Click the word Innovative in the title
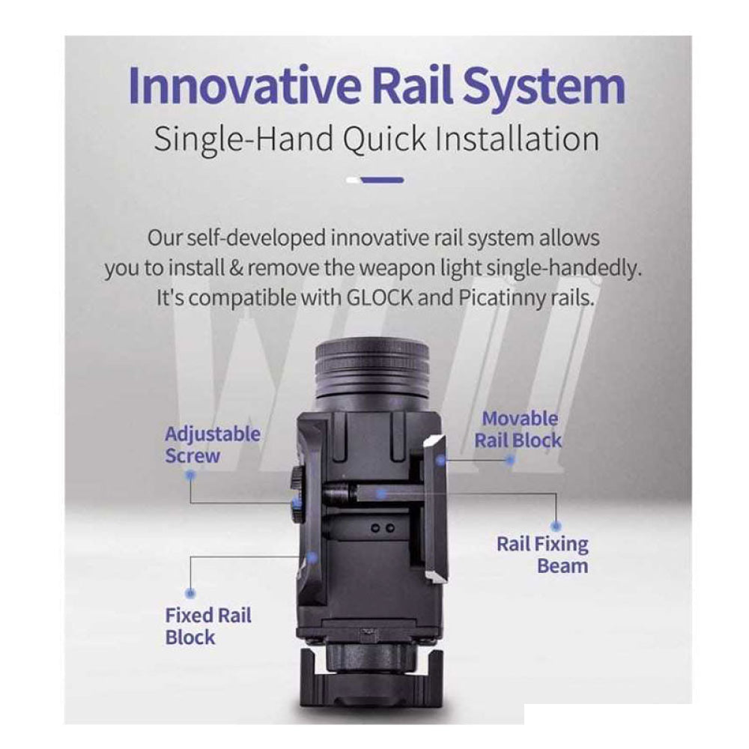pos(244,85)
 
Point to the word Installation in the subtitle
pos(518,139)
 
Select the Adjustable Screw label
pos(213,445)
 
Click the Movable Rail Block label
pos(518,429)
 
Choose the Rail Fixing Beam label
pos(542,555)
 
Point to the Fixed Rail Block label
pos(208,626)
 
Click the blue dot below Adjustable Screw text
pos(190,475)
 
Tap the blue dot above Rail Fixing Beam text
pos(556,526)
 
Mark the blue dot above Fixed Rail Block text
pos(190,593)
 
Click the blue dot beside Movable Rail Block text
pos(510,461)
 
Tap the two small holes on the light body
pos(383,528)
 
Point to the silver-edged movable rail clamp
pos(436,509)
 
